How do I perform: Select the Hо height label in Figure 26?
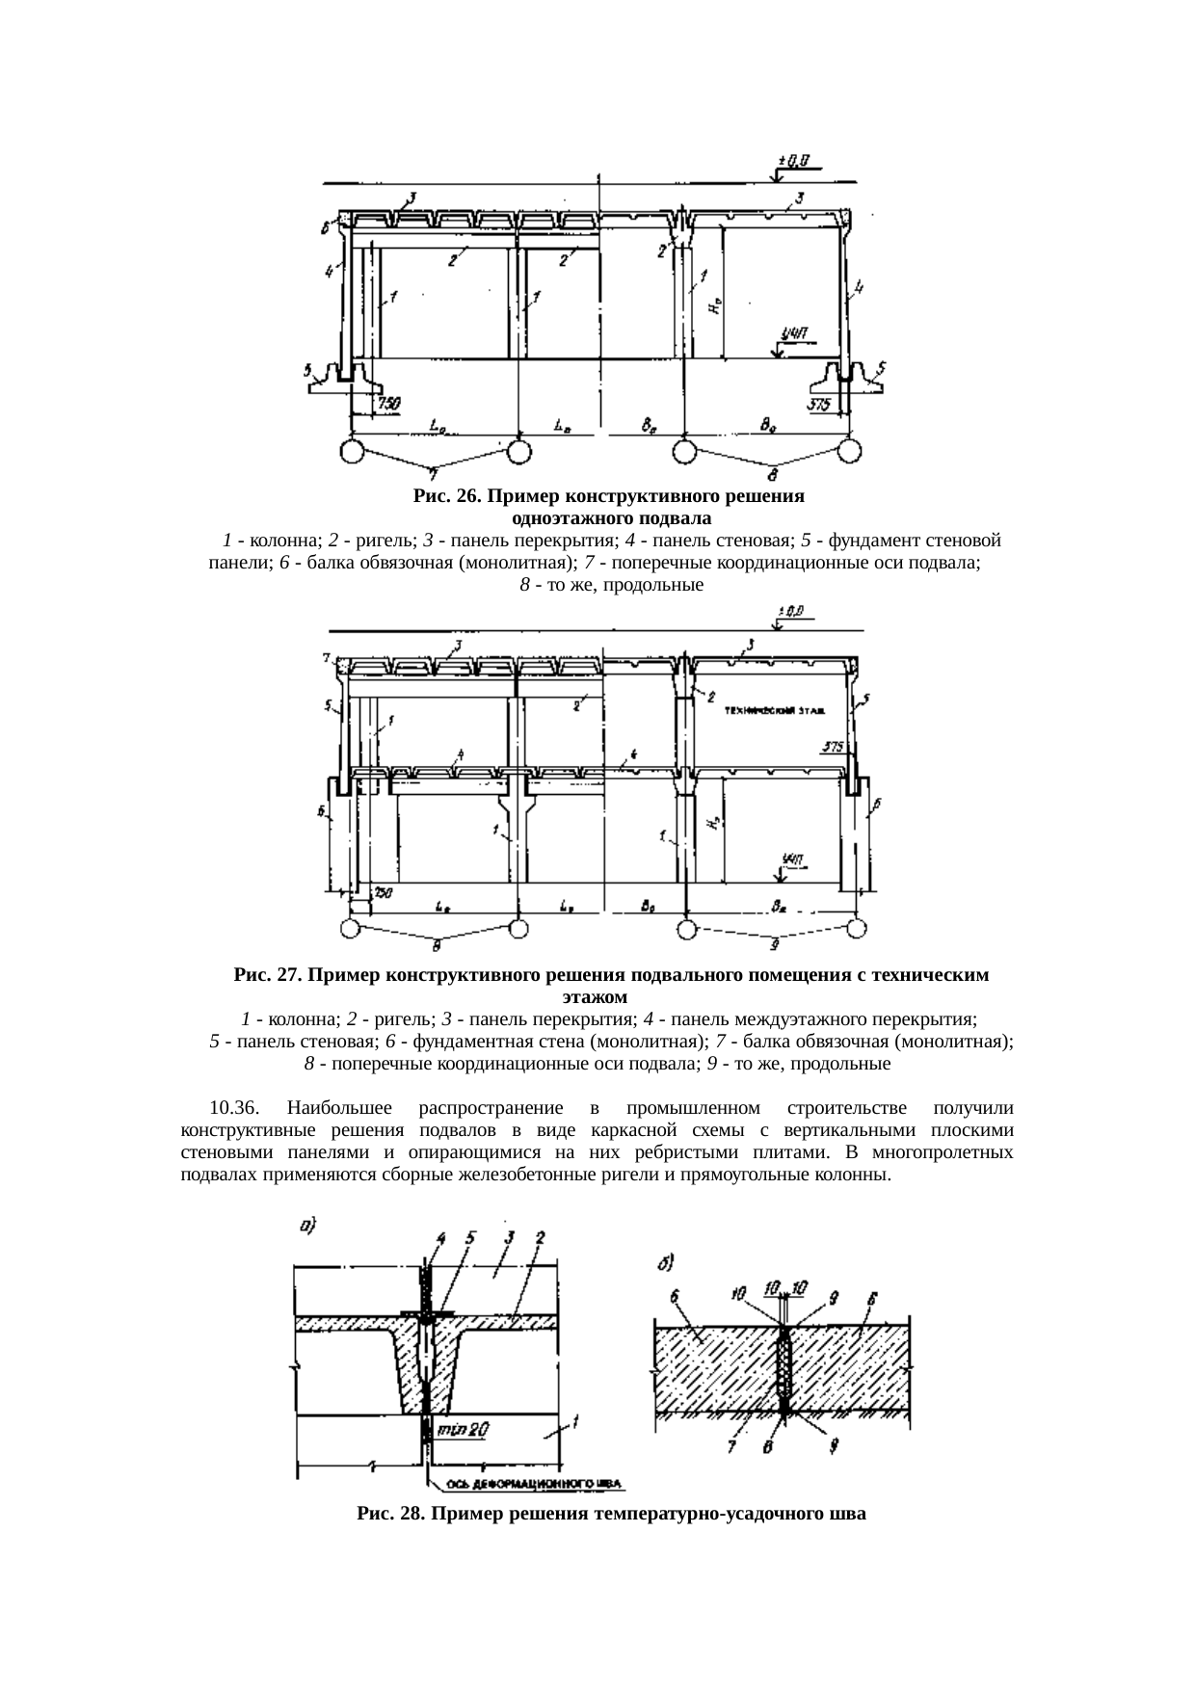pos(711,306)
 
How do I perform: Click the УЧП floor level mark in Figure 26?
pos(794,334)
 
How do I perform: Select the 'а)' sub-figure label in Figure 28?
pos(306,1227)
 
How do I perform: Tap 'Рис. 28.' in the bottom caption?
pos(389,1514)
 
